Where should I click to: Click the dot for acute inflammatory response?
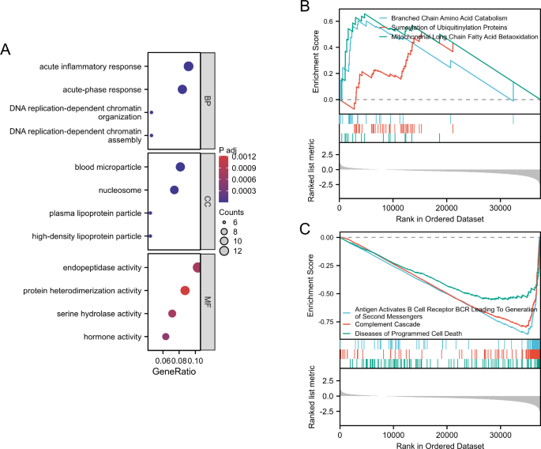pos(189,67)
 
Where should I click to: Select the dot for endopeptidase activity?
pos(197,268)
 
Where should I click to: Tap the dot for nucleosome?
pos(175,190)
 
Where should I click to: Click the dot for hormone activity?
pos(166,337)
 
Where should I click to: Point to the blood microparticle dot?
pos(180,167)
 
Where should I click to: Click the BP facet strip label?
pos(209,101)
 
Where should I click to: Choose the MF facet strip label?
pos(209,301)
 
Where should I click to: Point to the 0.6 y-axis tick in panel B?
pos(329,21)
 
